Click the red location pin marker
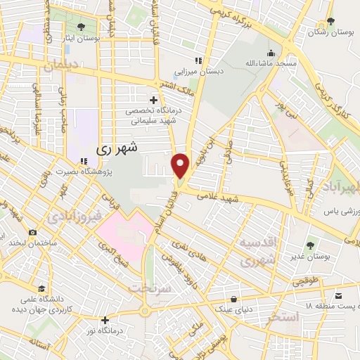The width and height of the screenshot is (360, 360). coord(181,166)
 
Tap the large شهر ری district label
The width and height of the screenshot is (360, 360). coord(114,148)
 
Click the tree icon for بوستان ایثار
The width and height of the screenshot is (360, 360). coord(82,26)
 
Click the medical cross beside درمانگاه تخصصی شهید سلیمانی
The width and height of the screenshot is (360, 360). coord(153,101)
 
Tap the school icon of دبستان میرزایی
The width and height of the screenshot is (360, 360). coord(199,60)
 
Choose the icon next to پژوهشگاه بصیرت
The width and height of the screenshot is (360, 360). coord(84,161)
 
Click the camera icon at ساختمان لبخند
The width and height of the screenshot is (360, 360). coord(32,233)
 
